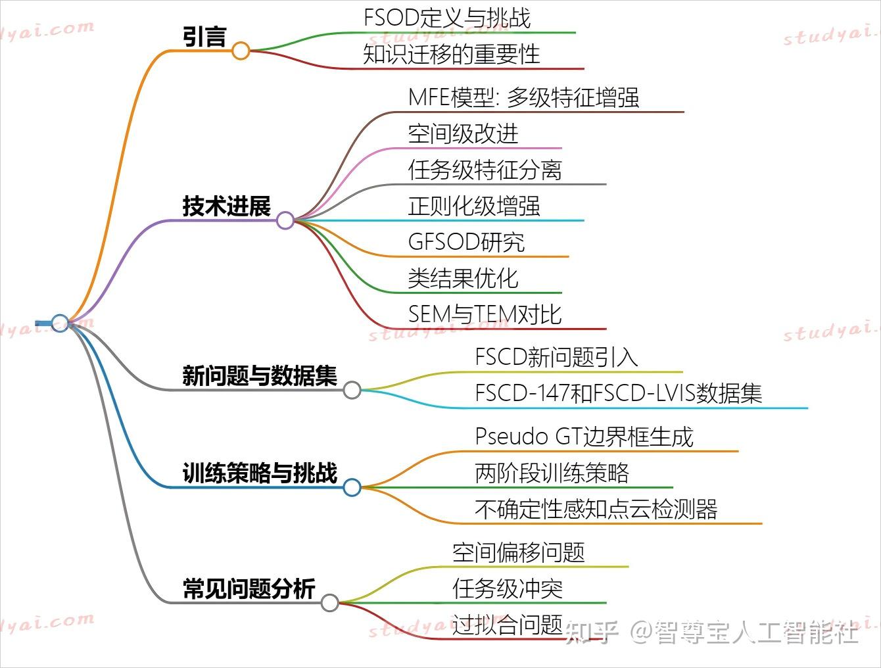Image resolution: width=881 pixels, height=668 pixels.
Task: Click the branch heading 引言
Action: coord(204,37)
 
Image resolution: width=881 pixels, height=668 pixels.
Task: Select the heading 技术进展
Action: coord(226,206)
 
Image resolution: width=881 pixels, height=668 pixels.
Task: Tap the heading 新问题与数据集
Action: coord(259,376)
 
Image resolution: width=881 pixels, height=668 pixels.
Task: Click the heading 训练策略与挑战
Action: coord(259,473)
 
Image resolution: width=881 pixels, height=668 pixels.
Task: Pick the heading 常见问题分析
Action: coord(249,588)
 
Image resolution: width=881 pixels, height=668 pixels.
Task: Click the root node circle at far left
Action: coord(60,323)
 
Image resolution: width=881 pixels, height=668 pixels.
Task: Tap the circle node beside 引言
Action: coord(241,51)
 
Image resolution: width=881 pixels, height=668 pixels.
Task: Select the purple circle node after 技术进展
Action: coord(285,220)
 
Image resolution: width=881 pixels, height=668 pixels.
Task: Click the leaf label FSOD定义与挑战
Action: coord(447,18)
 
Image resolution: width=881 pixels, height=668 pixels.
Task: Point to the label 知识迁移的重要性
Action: coord(451,54)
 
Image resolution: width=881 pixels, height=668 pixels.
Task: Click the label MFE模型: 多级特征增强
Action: coord(523,98)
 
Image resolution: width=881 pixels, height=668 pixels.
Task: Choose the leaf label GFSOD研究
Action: coord(466,242)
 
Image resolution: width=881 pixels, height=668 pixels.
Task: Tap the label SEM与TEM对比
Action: coord(485,314)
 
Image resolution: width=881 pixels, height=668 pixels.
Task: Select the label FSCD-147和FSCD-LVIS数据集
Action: coord(618,393)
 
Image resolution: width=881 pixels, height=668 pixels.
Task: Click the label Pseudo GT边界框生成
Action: coord(584,437)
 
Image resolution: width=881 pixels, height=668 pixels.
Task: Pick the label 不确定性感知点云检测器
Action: coord(596,510)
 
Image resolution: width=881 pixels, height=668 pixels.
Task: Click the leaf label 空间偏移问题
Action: coord(518,552)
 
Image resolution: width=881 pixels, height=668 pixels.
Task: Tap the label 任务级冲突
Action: coord(507,588)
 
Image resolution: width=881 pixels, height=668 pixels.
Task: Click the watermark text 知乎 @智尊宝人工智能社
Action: coord(711,632)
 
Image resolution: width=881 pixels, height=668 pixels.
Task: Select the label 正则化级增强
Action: coord(473,206)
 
